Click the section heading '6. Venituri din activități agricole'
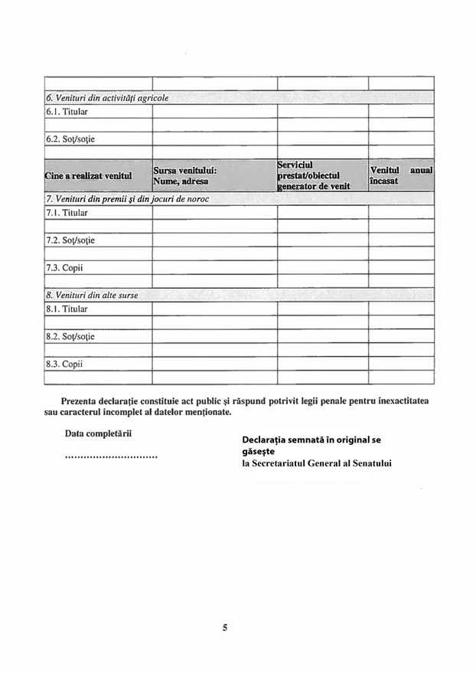[107, 98]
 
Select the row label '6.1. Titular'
[67, 112]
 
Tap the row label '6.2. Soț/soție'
[70, 139]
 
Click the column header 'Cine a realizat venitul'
[89, 175]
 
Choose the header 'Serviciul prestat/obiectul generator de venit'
[314, 175]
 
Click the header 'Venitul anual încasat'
[400, 175]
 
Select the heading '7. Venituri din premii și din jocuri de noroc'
[127, 199]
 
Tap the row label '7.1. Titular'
[67, 213]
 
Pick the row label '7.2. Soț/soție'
[70, 240]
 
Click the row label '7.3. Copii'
[64, 268]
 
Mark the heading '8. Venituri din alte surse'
[92, 295]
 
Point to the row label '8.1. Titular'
[67, 309]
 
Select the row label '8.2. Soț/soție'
[70, 336]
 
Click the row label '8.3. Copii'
[64, 364]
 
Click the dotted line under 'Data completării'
[111, 457]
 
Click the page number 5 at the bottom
[225, 628]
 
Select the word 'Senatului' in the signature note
[368, 463]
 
